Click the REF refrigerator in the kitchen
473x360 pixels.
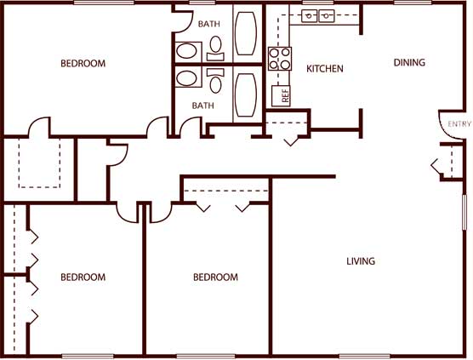pyautogui.click(x=281, y=95)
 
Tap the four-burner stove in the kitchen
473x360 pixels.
pyautogui.click(x=280, y=59)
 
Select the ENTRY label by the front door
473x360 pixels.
pyautogui.click(x=459, y=124)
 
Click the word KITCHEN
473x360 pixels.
pyautogui.click(x=325, y=69)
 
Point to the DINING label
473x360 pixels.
pyautogui.click(x=409, y=62)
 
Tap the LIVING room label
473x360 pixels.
pyautogui.click(x=361, y=261)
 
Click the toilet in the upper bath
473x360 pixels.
pyautogui.click(x=215, y=49)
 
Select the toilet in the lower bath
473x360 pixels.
pyautogui.click(x=215, y=81)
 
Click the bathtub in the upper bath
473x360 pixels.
pyautogui.click(x=246, y=33)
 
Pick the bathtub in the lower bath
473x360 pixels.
pyautogui.click(x=246, y=94)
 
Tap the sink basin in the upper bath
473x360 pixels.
pyautogui.click(x=186, y=51)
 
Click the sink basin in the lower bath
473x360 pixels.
pyautogui.click(x=186, y=78)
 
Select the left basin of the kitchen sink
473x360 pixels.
pyautogui.click(x=309, y=15)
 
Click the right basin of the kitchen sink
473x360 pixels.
pyautogui.click(x=327, y=15)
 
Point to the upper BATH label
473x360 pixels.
pyautogui.click(x=208, y=24)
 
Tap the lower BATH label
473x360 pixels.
pyautogui.click(x=202, y=106)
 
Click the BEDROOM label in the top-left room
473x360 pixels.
pyautogui.click(x=83, y=63)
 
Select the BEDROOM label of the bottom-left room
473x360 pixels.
pyautogui.click(x=83, y=277)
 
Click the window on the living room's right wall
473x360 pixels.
pyautogui.click(x=464, y=213)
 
